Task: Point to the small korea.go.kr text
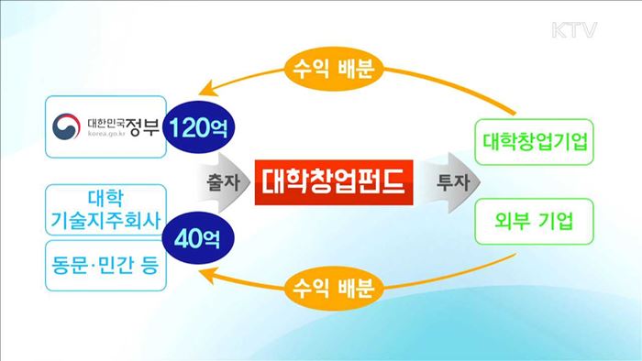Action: (109, 134)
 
